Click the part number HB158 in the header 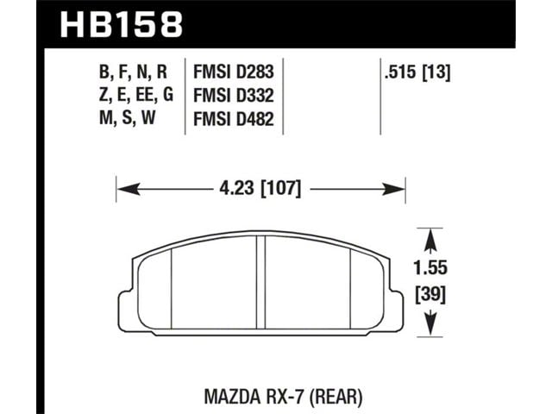pyautogui.click(x=122, y=24)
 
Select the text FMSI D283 pyautogui.click(x=234, y=72)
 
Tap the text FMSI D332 pyautogui.click(x=234, y=95)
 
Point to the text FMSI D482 pyautogui.click(x=234, y=119)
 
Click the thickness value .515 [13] pyautogui.click(x=417, y=72)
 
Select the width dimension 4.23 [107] pyautogui.click(x=260, y=188)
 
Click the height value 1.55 pyautogui.click(x=430, y=267)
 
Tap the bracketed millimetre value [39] pyautogui.click(x=430, y=295)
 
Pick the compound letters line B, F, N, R pyautogui.click(x=133, y=72)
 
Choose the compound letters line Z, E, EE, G pyautogui.click(x=136, y=96)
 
